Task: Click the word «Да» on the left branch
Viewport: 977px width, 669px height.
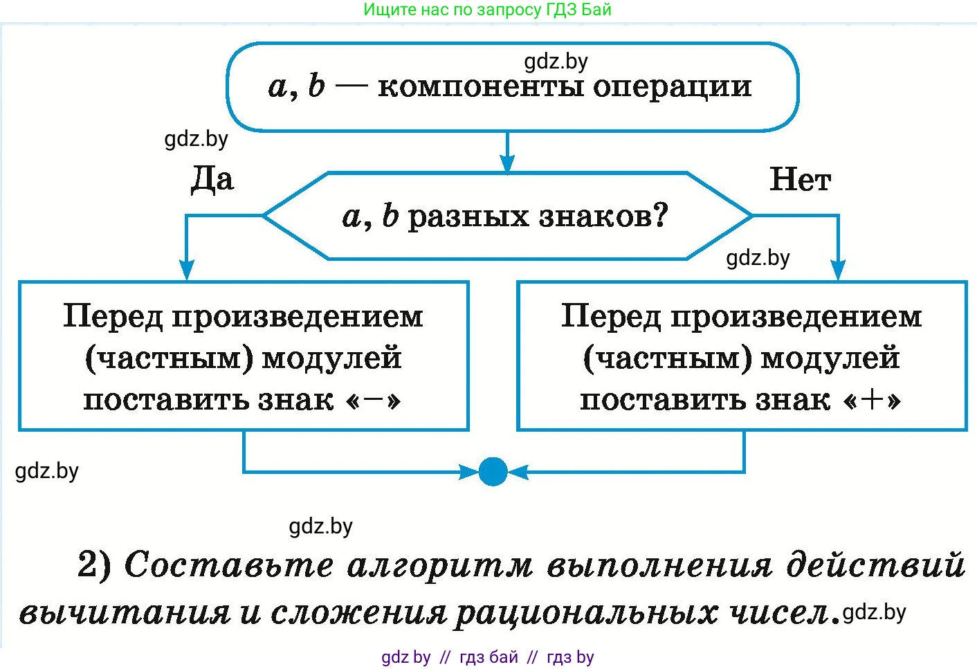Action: click(x=212, y=180)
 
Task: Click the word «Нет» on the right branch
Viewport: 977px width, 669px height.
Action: click(x=800, y=180)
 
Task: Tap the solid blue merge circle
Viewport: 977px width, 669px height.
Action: click(x=493, y=472)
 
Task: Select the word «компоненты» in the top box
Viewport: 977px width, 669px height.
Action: click(x=482, y=87)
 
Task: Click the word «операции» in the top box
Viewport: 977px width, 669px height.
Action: click(x=672, y=87)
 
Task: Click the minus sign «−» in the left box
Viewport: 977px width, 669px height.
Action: click(x=373, y=400)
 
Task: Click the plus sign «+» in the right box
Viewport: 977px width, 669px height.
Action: click(x=873, y=400)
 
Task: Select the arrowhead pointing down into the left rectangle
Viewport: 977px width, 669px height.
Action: click(x=187, y=270)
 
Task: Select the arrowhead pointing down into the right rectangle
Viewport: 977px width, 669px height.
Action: click(x=838, y=270)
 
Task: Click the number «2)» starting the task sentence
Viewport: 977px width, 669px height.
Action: click(x=94, y=565)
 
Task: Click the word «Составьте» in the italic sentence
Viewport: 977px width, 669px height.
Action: click(x=228, y=565)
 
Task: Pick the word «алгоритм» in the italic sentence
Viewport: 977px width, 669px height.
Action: click(x=440, y=566)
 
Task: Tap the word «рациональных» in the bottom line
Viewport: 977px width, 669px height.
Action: click(x=585, y=613)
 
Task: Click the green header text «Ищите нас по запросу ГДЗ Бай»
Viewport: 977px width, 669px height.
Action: click(x=488, y=10)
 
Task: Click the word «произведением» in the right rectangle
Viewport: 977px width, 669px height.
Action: click(x=796, y=317)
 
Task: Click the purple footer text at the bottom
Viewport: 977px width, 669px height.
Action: click(x=488, y=657)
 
